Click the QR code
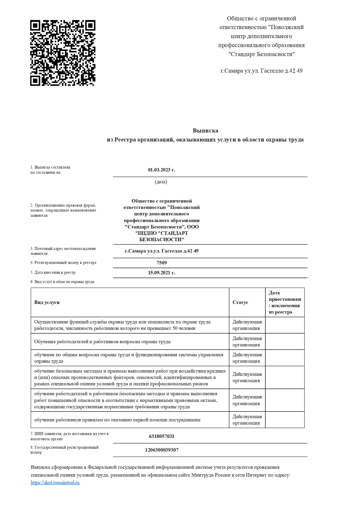[x=63, y=53]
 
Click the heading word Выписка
[x=205, y=130]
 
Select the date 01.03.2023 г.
[x=161, y=170]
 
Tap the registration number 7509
[x=162, y=263]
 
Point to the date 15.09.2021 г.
[x=161, y=273]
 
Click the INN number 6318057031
[x=161, y=436]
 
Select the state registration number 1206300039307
[x=162, y=450]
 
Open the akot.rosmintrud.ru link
[x=55, y=483]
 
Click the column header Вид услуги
[x=47, y=302]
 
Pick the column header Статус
[x=240, y=302]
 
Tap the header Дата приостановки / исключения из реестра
[x=285, y=302]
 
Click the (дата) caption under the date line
[x=161, y=182]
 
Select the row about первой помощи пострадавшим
[x=117, y=420]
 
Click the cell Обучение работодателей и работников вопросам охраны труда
[x=102, y=341]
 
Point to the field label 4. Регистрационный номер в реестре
[x=63, y=263]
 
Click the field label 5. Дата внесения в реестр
[x=53, y=273]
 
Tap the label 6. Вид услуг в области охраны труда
[x=62, y=282]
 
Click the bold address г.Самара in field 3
[x=161, y=251]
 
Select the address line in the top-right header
[x=261, y=71]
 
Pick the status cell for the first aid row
[x=247, y=420]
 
